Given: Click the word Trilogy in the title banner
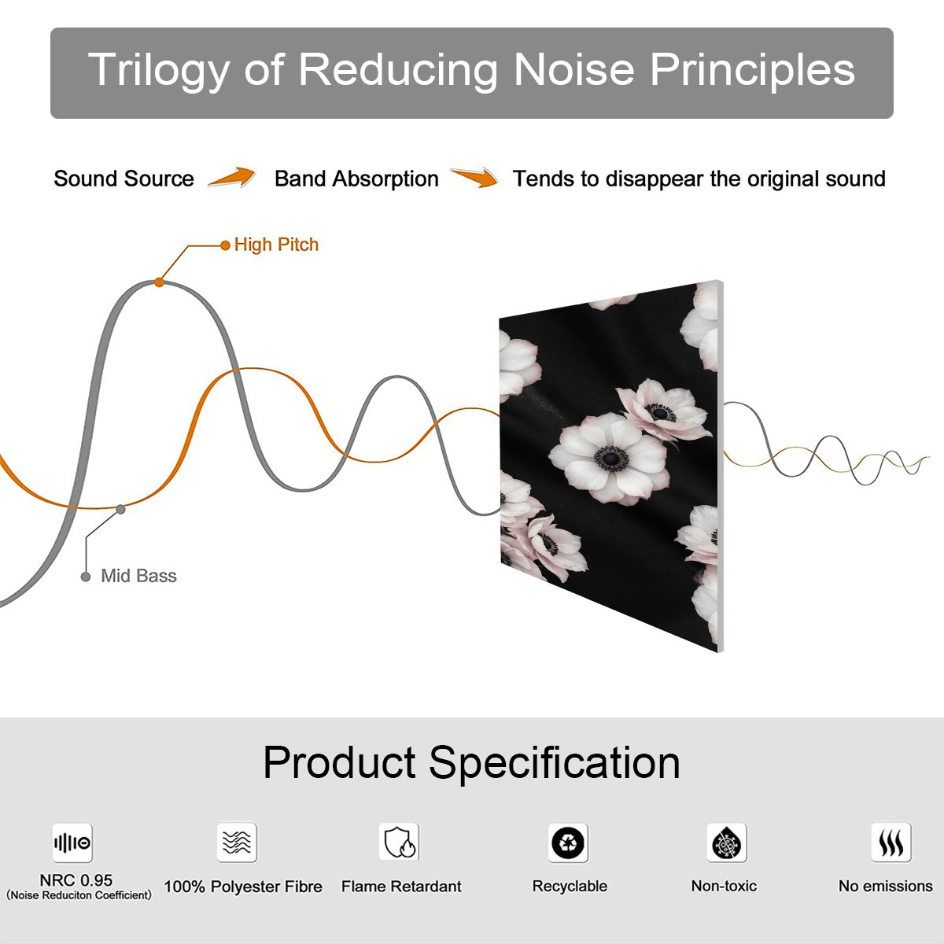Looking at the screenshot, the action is [x=159, y=71].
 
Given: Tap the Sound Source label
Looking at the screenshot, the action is [x=124, y=179].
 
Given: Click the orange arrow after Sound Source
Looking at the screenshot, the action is [x=232, y=177].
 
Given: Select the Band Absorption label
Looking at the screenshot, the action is [x=356, y=179].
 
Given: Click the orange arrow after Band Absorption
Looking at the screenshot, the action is [x=474, y=177].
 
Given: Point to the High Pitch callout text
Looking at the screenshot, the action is [x=276, y=245].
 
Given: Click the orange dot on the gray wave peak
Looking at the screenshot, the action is [x=159, y=282].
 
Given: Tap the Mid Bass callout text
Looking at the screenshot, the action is [x=138, y=576].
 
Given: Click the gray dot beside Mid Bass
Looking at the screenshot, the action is [x=86, y=577].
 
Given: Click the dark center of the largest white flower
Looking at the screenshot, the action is [x=611, y=459].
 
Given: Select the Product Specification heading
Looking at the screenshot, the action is [x=471, y=763].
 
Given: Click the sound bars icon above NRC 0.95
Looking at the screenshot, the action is [x=72, y=843].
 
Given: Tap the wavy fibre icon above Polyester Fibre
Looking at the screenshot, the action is [x=237, y=842].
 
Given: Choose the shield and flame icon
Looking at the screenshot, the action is [x=399, y=842].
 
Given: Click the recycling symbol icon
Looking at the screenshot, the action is [x=568, y=843].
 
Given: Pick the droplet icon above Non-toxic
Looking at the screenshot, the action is [x=727, y=843].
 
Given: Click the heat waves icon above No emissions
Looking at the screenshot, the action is [x=891, y=842].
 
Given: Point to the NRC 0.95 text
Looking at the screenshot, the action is [x=76, y=880].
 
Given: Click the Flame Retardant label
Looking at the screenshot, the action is [x=401, y=887].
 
